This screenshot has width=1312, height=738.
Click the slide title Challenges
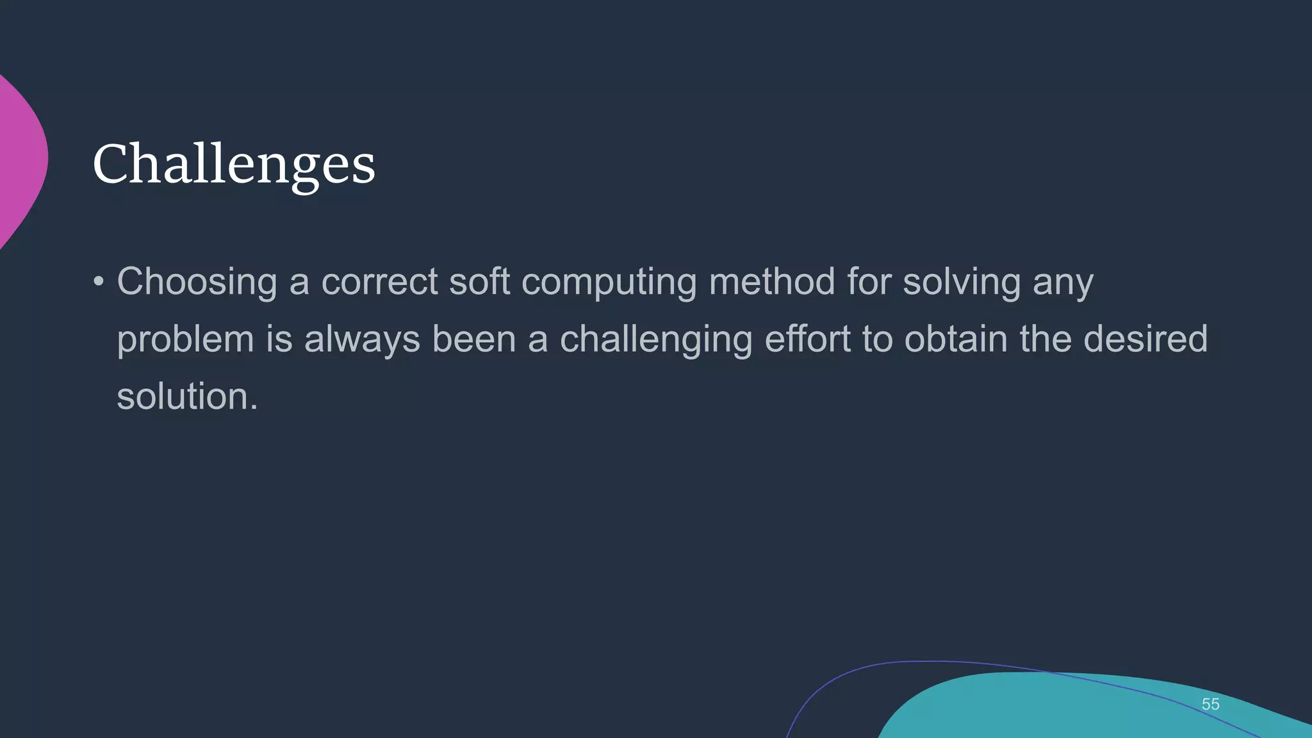[x=234, y=165]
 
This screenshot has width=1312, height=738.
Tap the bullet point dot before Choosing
[x=98, y=282]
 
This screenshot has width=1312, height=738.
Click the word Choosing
[x=197, y=282]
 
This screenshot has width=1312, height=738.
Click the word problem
[x=186, y=340]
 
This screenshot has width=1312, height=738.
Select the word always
[x=362, y=340]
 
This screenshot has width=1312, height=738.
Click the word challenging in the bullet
[x=656, y=340]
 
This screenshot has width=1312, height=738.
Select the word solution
[x=187, y=396]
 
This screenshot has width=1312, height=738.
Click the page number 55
[x=1210, y=704]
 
